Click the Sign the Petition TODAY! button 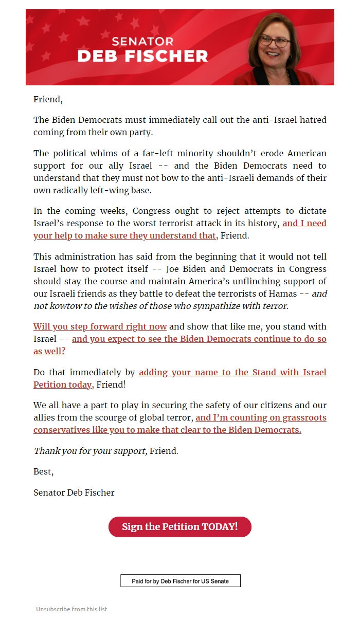179,527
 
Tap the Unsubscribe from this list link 71,609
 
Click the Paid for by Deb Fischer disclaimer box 180,581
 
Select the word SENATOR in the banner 142,42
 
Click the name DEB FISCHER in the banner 142,56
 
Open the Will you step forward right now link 100,327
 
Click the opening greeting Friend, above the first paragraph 48,100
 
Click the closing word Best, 43,472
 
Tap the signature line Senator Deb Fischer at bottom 74,493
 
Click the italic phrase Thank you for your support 90,451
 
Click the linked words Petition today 63,385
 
